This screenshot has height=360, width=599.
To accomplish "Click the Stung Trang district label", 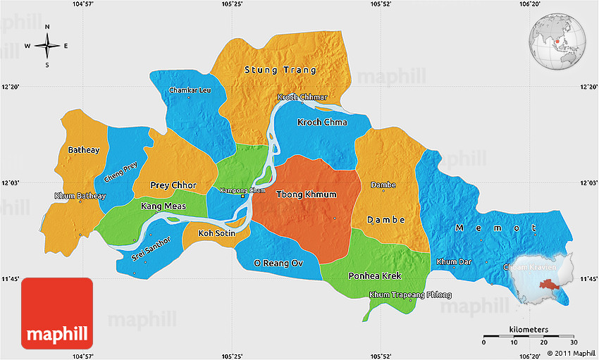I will (x=280, y=70).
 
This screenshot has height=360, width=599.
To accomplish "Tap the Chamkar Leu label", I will (x=190, y=90).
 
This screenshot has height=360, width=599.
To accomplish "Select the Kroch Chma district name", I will (x=322, y=123).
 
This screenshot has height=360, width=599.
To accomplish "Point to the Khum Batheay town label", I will (x=80, y=196).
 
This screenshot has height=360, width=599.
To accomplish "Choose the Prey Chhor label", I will (x=173, y=185).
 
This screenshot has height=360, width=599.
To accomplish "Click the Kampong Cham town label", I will (x=242, y=190).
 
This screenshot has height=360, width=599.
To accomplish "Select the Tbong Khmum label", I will (x=306, y=194).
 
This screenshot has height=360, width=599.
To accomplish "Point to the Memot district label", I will (x=496, y=228).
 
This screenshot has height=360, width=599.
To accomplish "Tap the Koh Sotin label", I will (x=216, y=232).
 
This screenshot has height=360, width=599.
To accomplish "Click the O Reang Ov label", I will (x=278, y=263).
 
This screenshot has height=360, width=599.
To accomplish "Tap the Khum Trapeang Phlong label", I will (x=409, y=294).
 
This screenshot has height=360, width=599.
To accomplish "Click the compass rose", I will (x=47, y=46).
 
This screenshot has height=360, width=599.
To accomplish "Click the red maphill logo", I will (x=57, y=314).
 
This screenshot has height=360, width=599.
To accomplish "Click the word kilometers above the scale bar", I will (x=528, y=330).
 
